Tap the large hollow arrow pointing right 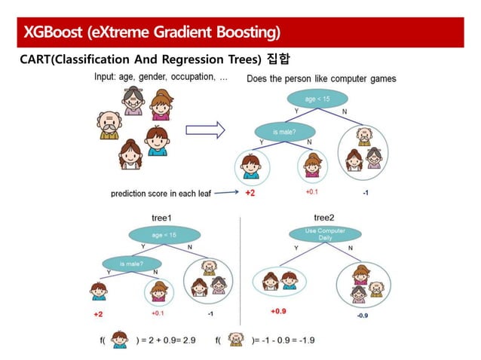tap(206, 130)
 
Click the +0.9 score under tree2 tap(279, 310)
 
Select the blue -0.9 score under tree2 tap(363, 316)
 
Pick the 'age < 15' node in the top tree tap(316, 99)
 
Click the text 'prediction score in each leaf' tap(159, 194)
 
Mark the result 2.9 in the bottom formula tap(198, 340)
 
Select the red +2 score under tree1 tap(98, 313)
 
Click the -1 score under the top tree tap(365, 193)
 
